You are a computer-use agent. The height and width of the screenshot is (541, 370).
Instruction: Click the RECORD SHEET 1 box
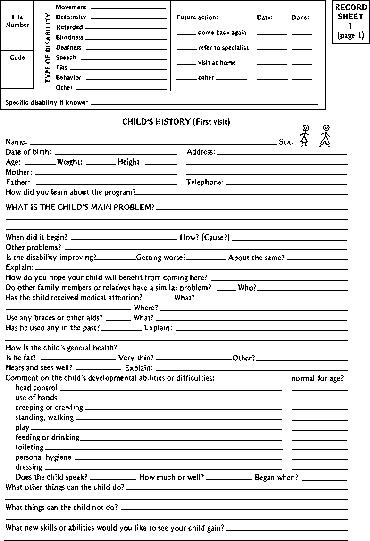(350, 22)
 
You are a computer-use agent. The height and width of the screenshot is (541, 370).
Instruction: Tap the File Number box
(17, 21)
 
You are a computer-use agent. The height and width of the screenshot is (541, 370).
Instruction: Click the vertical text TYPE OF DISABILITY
(48, 48)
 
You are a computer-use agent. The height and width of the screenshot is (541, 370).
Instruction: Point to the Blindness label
(69, 37)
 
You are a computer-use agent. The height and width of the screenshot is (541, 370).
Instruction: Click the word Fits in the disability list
(61, 67)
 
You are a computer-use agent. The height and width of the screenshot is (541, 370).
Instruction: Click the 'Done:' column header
(300, 17)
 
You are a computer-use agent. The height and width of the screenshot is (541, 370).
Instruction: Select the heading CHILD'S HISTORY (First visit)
(176, 121)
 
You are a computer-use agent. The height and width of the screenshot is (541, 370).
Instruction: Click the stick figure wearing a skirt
(305, 135)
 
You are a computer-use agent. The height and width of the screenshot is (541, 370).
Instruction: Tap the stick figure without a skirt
(325, 135)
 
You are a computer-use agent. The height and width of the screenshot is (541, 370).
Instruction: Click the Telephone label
(205, 182)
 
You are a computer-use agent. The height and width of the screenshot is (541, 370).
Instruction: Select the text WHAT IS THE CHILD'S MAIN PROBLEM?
(80, 207)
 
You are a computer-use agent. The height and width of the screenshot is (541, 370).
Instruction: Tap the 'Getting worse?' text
(161, 258)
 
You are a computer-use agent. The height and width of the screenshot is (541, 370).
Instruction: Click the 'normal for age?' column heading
(317, 378)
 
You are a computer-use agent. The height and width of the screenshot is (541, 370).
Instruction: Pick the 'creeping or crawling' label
(49, 407)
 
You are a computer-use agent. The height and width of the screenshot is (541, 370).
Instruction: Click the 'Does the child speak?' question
(51, 477)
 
